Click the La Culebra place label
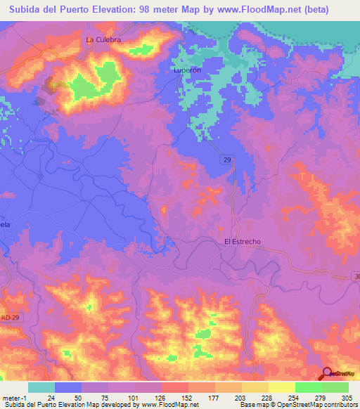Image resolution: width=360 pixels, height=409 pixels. pos(103,40)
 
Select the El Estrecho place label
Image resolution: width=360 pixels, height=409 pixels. pos(242,242)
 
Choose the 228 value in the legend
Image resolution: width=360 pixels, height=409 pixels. pos(255,396)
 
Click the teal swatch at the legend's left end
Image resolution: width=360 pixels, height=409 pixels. pos(41,387)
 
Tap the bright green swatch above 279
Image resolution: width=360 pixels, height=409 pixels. pos(308,387)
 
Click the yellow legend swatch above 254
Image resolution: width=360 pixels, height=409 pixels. pos(281,387)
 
